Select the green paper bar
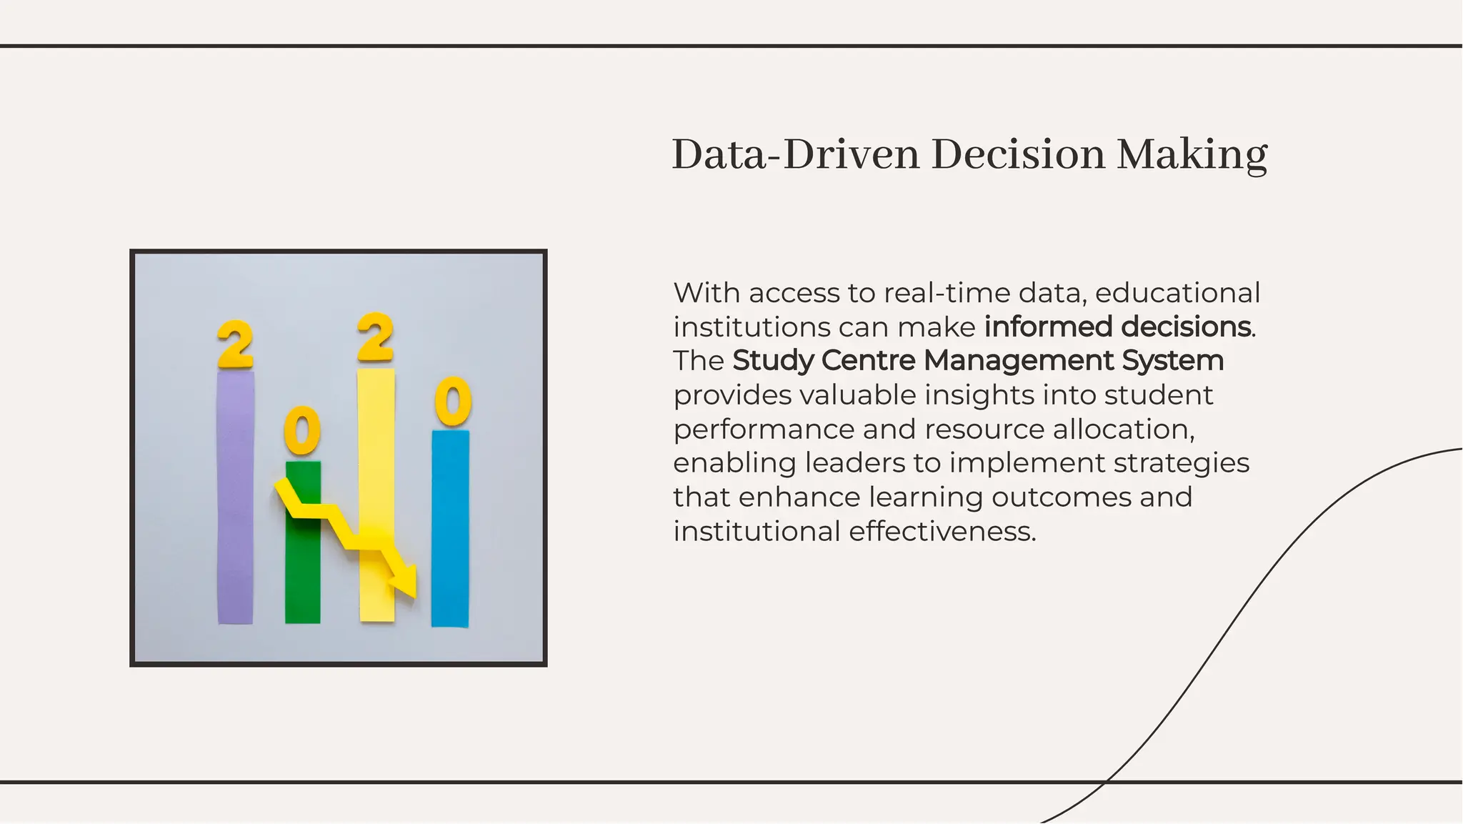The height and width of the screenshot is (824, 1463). click(302, 572)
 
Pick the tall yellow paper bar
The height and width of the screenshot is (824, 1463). click(376, 443)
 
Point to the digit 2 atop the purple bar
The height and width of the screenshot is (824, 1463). click(235, 344)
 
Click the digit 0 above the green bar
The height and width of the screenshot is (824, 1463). click(302, 430)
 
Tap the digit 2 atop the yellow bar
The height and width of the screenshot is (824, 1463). click(375, 337)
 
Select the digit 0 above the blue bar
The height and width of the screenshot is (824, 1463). click(453, 402)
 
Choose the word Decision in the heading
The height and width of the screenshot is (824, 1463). click(1018, 154)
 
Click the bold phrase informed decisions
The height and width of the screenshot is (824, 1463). click(1117, 327)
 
